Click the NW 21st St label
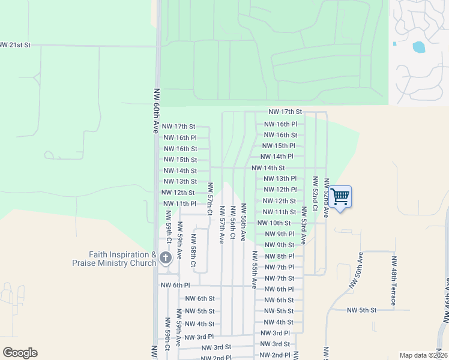(x=15, y=45)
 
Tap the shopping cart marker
(x=340, y=197)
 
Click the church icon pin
(x=166, y=259)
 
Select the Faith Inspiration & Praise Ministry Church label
(x=114, y=259)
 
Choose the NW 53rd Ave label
(x=304, y=225)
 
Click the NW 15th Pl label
(x=279, y=146)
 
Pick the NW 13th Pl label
(x=280, y=179)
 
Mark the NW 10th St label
(x=274, y=223)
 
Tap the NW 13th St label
(x=180, y=181)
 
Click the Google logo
(x=20, y=353)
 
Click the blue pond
(x=418, y=46)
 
